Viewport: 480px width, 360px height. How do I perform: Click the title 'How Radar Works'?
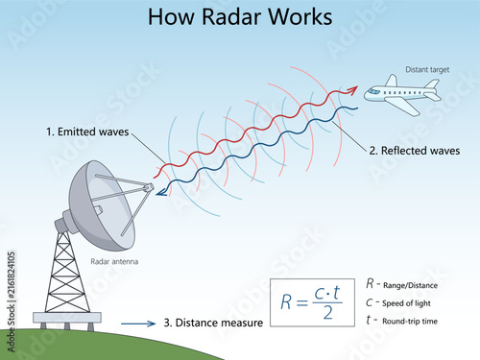[x=240, y=16]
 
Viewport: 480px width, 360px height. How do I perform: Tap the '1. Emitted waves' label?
[x=87, y=132]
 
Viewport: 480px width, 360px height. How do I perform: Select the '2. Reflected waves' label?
[x=415, y=151]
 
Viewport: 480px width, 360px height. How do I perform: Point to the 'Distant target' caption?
[x=427, y=70]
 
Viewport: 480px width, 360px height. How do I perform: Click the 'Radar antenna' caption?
[x=114, y=262]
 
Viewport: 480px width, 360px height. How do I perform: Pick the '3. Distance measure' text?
[x=213, y=323]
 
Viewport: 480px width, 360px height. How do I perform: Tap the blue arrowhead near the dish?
[x=161, y=191]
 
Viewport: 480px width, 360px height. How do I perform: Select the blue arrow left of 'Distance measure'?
[x=138, y=324]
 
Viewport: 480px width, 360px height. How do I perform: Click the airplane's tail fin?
[x=432, y=84]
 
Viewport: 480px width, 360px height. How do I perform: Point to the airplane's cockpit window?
[x=373, y=91]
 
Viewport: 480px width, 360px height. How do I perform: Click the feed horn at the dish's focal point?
[x=149, y=187]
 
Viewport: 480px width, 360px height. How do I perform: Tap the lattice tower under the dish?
[x=67, y=272]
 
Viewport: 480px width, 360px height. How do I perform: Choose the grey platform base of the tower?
[x=67, y=318]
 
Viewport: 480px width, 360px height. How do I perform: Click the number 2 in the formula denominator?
[x=327, y=313]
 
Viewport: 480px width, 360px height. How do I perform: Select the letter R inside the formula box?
[x=286, y=302]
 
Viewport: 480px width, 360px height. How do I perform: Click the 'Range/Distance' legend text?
[x=410, y=285]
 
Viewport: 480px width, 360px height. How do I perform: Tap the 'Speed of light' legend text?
[x=406, y=303]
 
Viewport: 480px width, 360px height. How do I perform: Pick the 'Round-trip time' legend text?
[x=410, y=321]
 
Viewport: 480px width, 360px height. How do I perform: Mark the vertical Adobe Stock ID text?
[x=11, y=301]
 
